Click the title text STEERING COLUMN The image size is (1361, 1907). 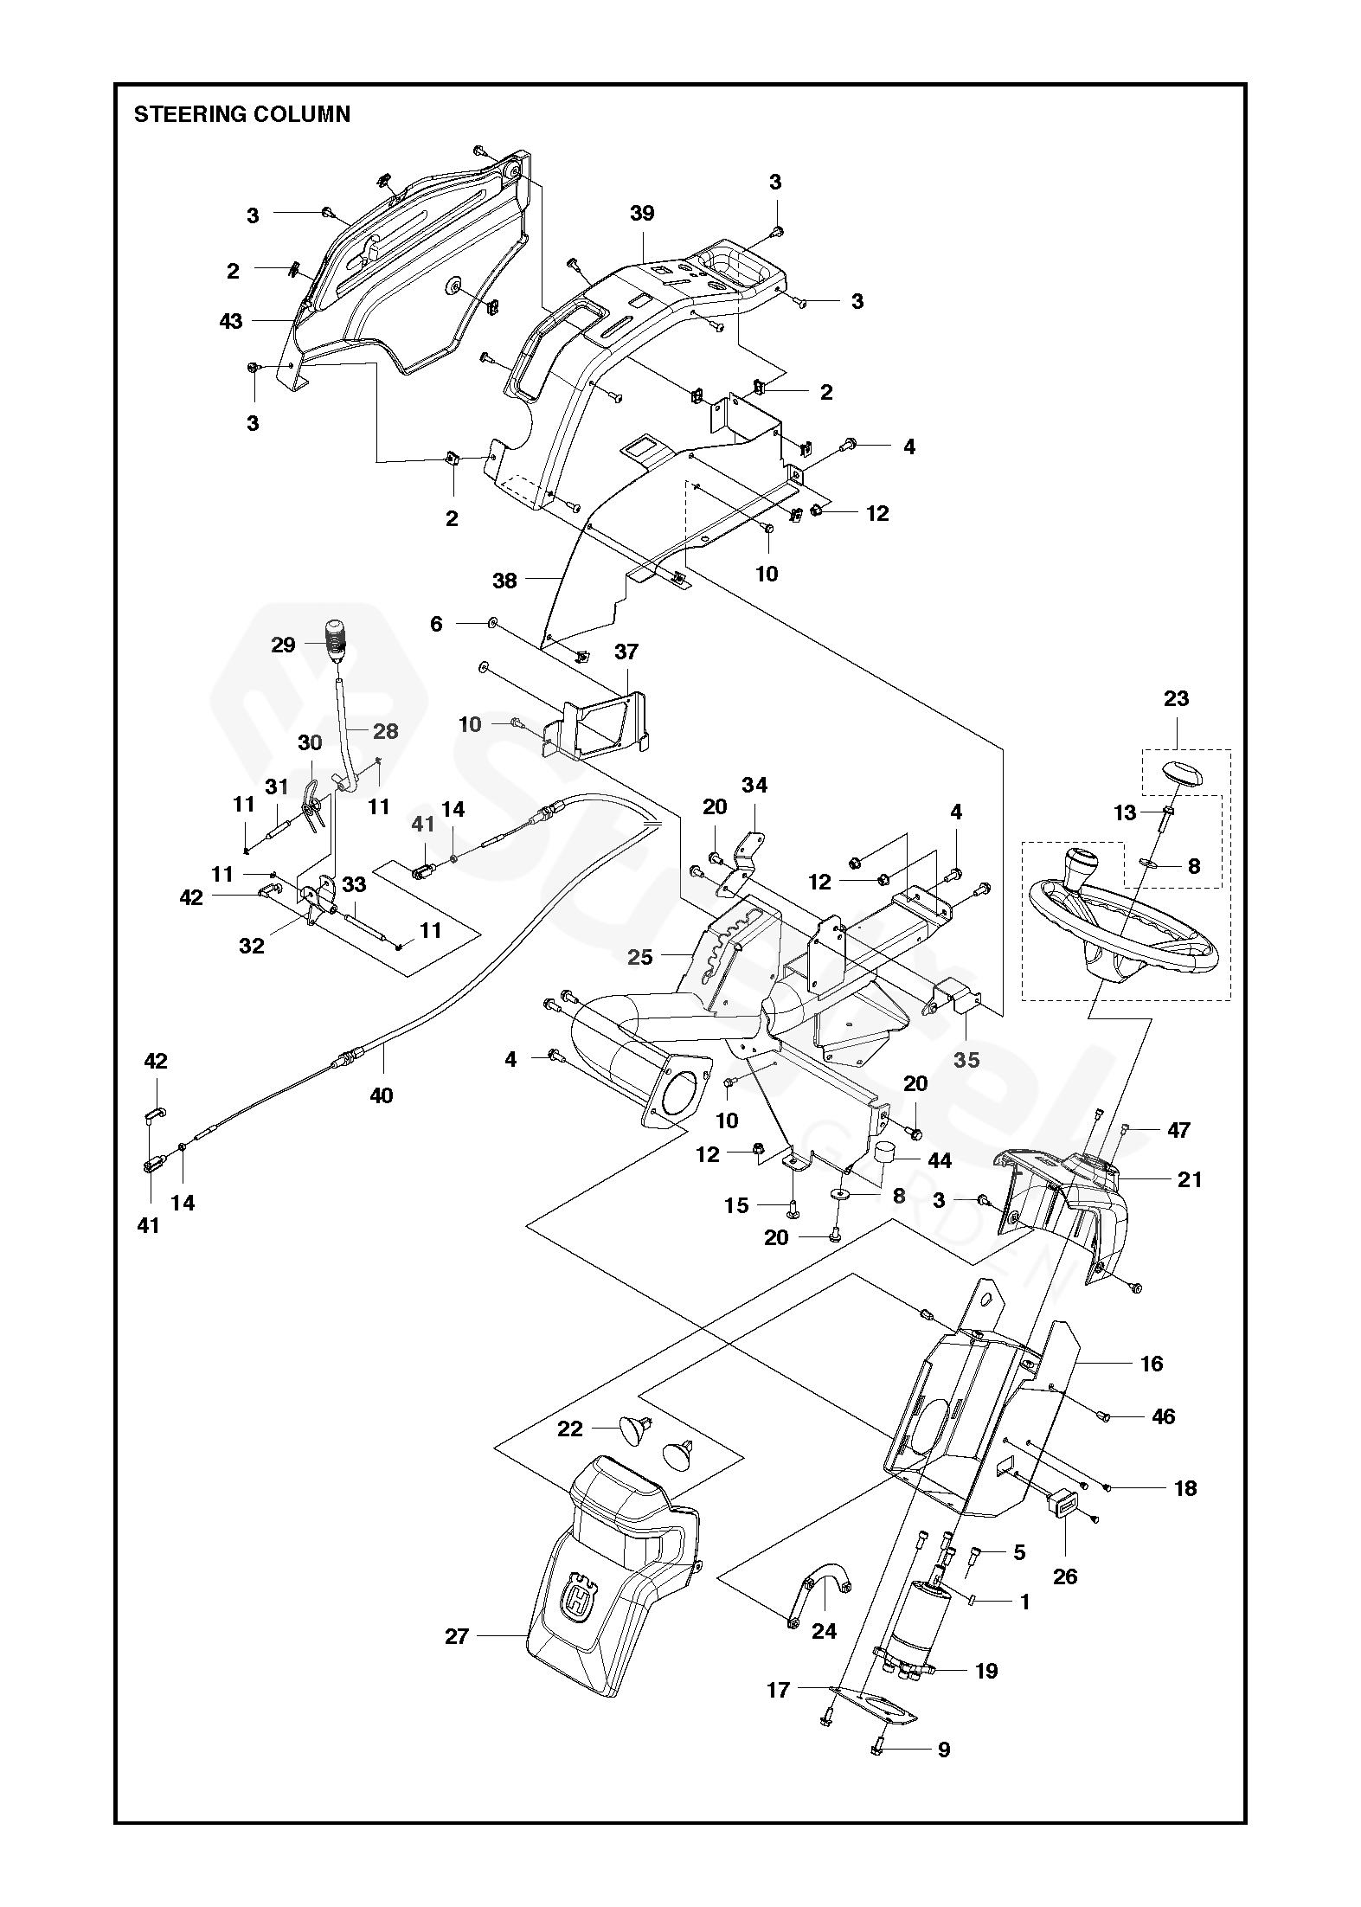click(241, 115)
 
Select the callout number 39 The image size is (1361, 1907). click(642, 213)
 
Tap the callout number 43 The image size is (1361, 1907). click(231, 321)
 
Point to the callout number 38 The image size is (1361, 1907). click(504, 581)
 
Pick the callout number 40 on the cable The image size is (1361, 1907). click(381, 1095)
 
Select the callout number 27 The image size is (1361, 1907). click(457, 1636)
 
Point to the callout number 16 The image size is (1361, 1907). click(1152, 1364)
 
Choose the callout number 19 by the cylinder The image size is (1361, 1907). click(986, 1671)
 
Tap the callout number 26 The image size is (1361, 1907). click(1065, 1576)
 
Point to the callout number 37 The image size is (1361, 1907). click(626, 651)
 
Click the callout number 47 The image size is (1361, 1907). click(1178, 1130)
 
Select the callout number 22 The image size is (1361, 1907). click(569, 1429)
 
